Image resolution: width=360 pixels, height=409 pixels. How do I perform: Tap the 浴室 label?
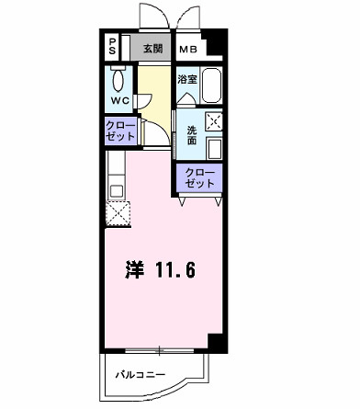point(187,80)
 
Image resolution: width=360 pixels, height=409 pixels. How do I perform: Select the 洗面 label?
point(192,135)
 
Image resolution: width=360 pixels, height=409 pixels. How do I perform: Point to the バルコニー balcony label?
point(141,376)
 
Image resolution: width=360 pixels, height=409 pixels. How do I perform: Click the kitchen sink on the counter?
point(115,190)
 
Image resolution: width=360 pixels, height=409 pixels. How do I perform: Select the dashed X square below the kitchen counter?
point(118,213)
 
